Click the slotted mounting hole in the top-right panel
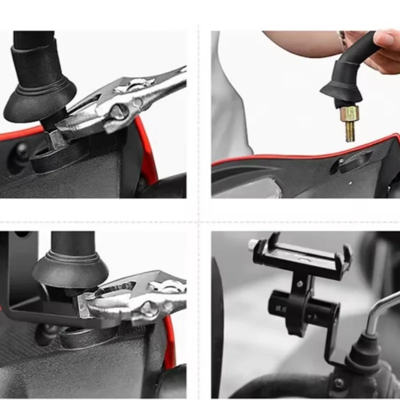(x=355, y=162)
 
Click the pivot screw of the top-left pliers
(x=118, y=111)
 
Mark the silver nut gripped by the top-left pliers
(x=56, y=137)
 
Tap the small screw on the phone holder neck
(x=298, y=284)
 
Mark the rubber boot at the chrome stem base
(x=362, y=352)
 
